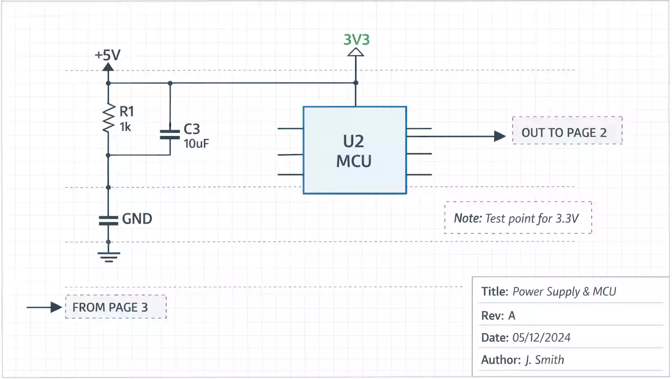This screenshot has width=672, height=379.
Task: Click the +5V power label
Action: pos(107,55)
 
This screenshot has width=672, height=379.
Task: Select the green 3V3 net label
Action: pos(356,39)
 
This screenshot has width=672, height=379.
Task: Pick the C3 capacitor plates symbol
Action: pos(170,134)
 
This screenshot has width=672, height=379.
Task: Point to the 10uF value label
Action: pos(196,143)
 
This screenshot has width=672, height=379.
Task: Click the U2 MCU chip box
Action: pos(355,150)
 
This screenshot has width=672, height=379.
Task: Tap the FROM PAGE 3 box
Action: pos(116,307)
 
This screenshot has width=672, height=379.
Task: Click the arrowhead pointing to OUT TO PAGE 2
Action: pos(500,136)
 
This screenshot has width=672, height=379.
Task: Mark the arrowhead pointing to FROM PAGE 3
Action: pos(56,307)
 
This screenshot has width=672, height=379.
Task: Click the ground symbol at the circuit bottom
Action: pos(108,255)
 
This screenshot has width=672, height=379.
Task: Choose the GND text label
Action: pos(137,219)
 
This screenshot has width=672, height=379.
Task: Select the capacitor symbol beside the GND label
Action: pos(108,220)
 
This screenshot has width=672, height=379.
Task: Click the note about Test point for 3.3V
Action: pos(518,218)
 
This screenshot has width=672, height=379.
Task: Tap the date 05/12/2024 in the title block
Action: pos(541,337)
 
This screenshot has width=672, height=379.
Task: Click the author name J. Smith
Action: pos(544,360)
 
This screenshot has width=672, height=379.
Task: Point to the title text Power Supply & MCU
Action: pos(564,292)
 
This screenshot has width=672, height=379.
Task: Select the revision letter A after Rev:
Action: pos(512,315)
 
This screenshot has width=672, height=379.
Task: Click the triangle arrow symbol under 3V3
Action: pos(356,52)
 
